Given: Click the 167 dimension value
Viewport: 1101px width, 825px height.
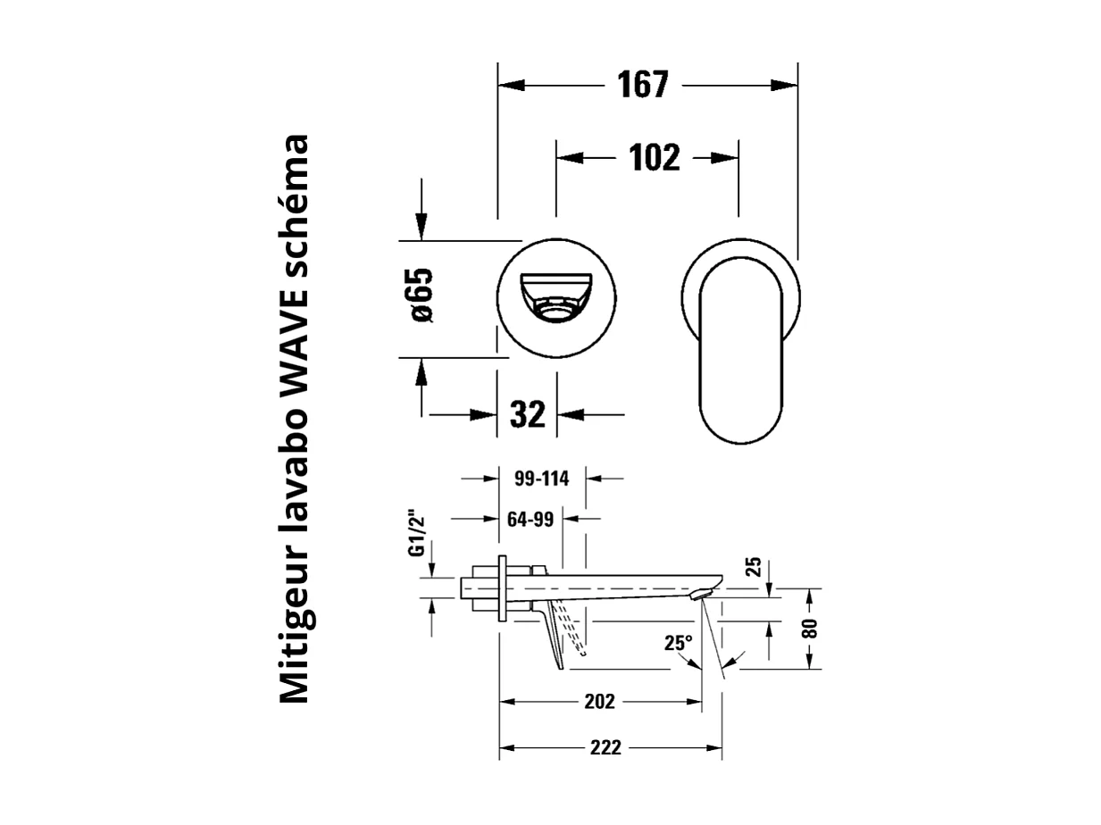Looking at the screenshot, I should click(642, 85).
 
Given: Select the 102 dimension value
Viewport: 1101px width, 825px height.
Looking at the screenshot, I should click(654, 157).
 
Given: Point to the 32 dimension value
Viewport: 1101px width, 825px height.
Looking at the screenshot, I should click(527, 413).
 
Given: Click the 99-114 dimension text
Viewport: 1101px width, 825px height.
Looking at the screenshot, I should click(542, 478).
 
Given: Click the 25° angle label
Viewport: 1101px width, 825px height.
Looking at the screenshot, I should click(678, 642).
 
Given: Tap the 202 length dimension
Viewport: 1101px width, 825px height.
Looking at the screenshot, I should click(599, 701).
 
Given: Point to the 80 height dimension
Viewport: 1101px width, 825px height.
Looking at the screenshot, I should click(809, 628).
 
